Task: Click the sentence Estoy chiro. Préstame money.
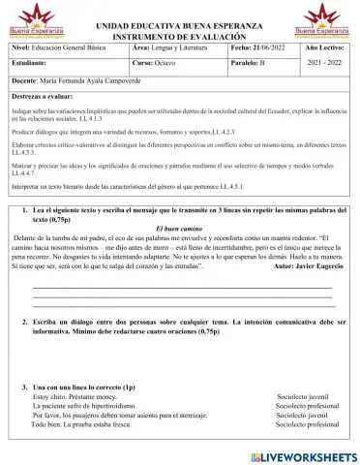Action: [76, 397]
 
